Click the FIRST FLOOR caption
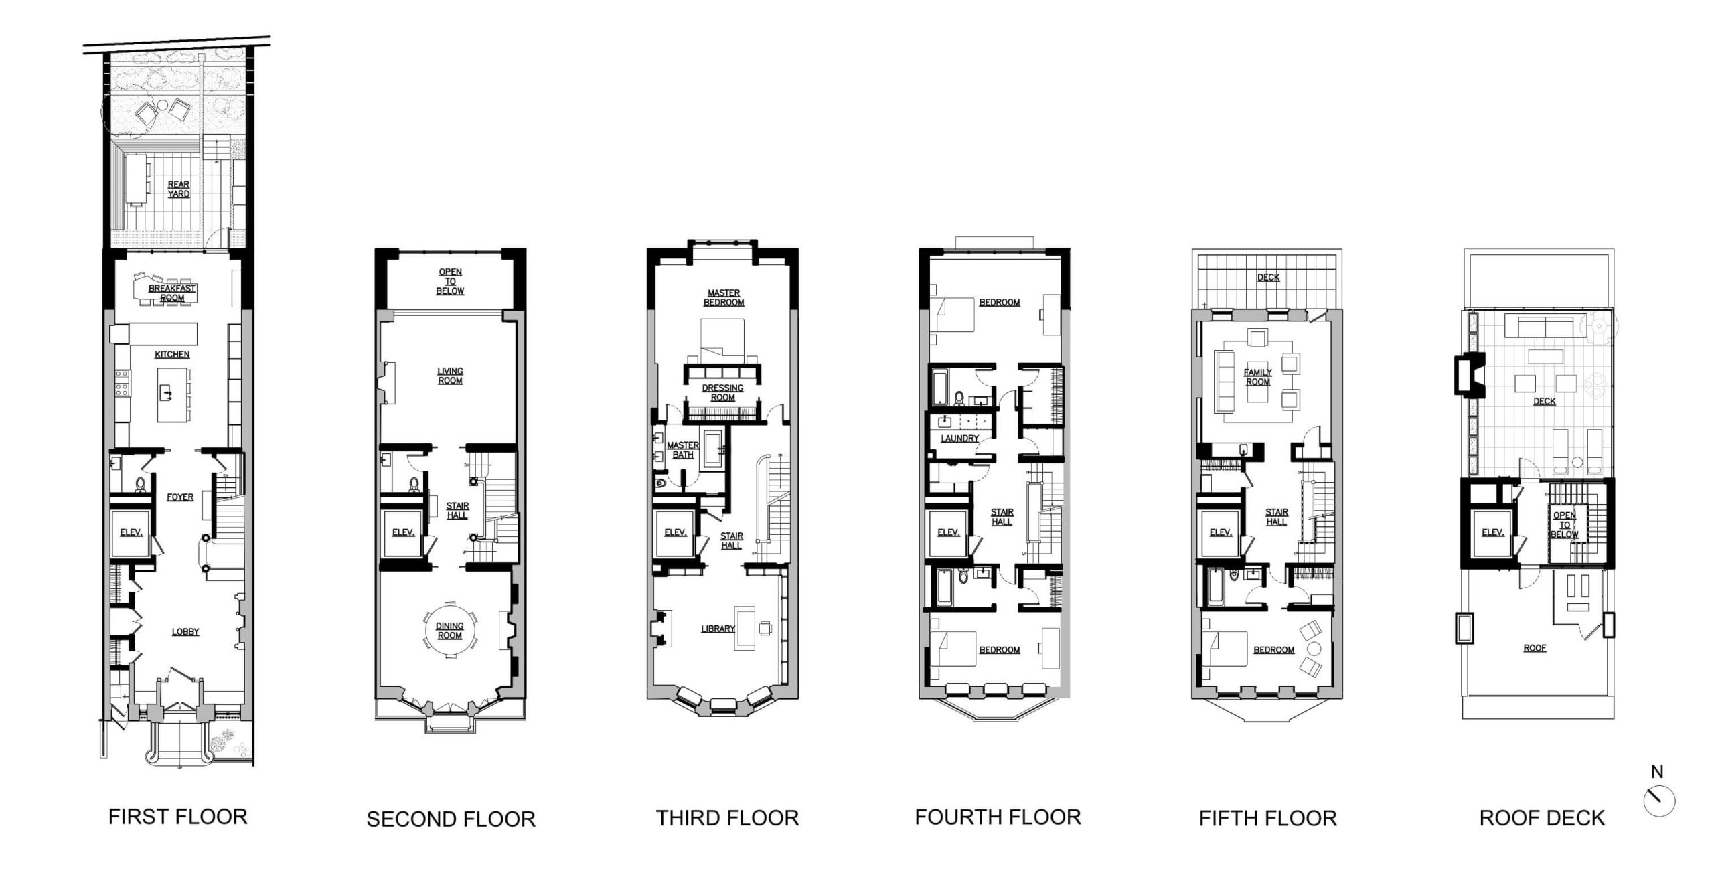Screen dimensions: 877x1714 177,817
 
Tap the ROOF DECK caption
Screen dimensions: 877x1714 1542,818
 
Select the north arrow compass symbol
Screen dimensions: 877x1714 1659,801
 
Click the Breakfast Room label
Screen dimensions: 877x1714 172,293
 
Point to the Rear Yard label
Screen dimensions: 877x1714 179,189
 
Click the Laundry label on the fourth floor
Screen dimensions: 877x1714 959,438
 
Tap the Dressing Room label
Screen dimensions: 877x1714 722,393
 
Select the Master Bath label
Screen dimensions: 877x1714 682,450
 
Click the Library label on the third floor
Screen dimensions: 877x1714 718,629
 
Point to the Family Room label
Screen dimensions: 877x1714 1257,377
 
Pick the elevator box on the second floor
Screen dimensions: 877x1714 403,533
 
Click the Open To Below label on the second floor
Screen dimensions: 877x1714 450,282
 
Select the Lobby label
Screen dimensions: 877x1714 185,631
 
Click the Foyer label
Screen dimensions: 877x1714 180,497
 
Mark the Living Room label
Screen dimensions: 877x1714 450,376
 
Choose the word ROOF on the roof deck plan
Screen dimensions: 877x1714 1535,648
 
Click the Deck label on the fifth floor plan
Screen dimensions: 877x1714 1268,277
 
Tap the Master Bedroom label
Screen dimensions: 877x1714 723,298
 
